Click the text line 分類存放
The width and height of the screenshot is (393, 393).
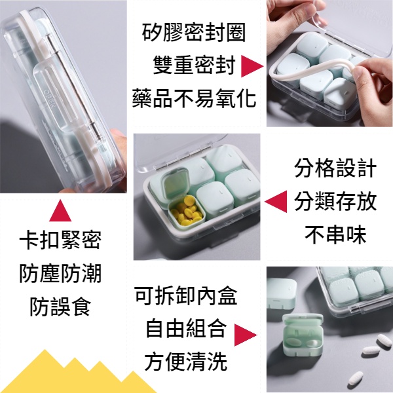click(x=335, y=200)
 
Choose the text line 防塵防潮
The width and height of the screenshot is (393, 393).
click(x=60, y=274)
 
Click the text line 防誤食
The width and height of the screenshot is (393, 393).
click(x=60, y=306)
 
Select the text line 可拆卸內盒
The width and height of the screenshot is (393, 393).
click(x=186, y=295)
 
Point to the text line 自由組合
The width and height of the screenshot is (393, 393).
click(x=186, y=328)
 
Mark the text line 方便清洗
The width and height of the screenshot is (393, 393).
click(x=186, y=361)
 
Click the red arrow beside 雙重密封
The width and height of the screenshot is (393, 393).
click(x=252, y=66)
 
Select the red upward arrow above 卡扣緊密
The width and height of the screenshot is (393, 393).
click(x=60, y=210)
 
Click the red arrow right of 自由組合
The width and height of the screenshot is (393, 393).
click(x=245, y=333)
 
